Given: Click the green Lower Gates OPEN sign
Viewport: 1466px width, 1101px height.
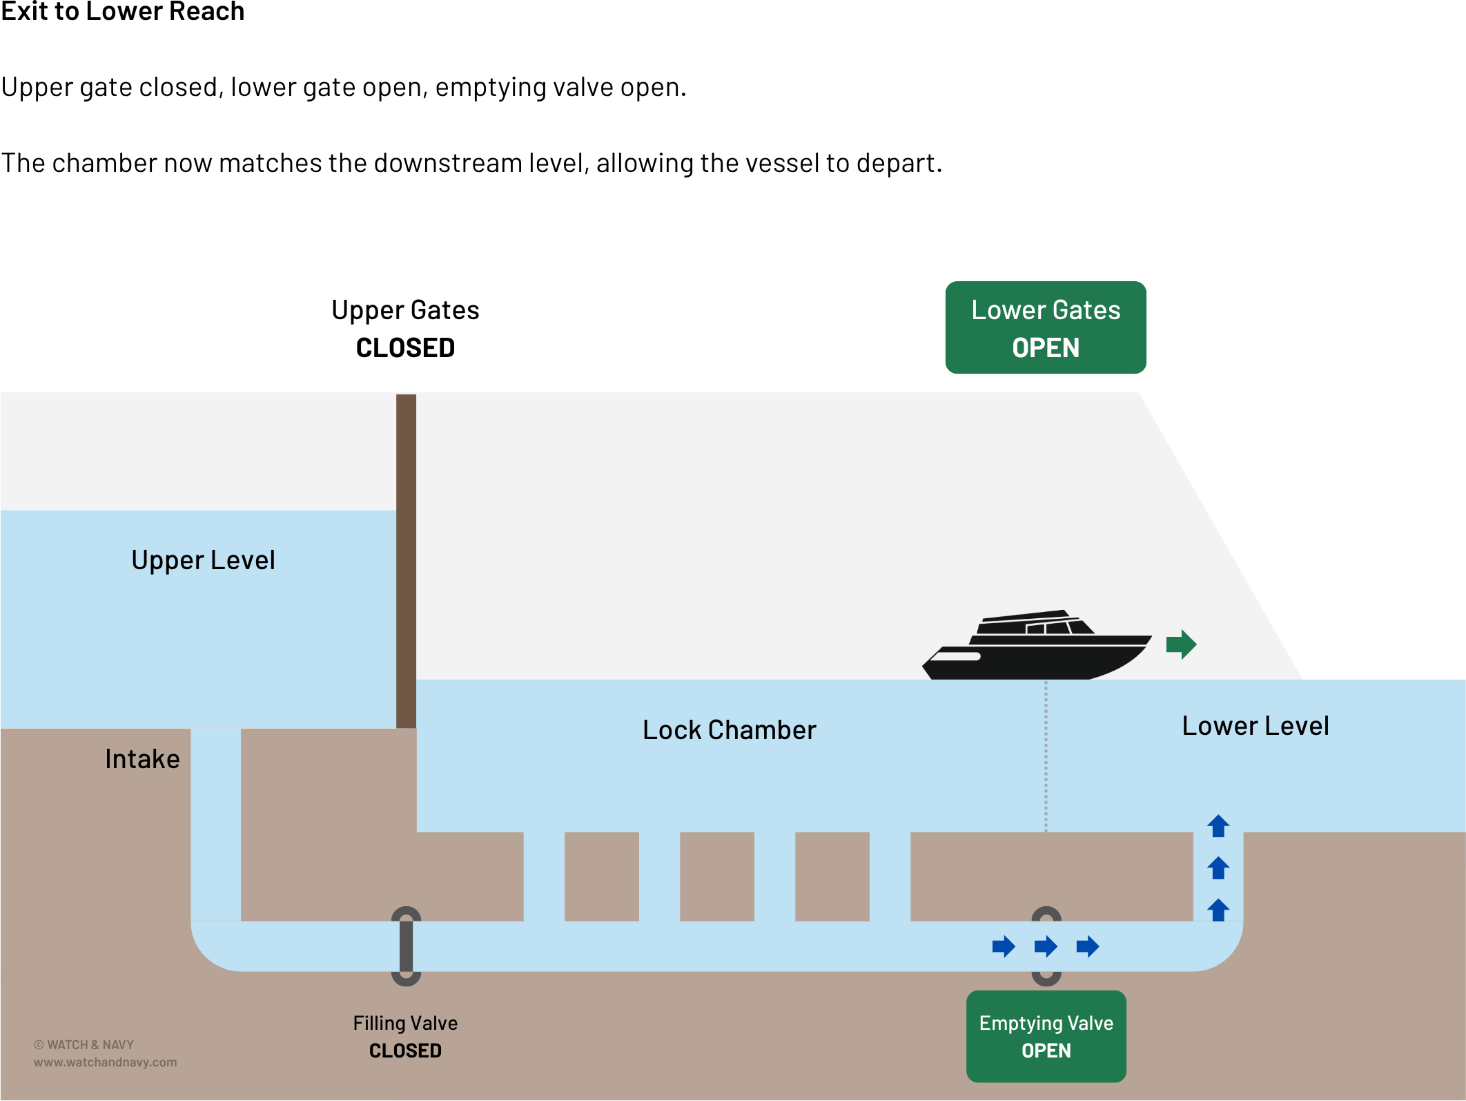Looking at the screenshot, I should tap(1045, 327).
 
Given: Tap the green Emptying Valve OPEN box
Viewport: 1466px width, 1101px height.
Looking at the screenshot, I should tap(1046, 1036).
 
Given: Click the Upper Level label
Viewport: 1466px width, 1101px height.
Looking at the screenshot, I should tap(203, 560).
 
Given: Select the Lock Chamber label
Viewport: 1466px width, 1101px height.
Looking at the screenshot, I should tap(729, 730).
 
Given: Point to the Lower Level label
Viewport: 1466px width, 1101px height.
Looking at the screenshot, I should tap(1255, 726).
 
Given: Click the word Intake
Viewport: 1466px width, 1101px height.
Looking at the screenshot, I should tap(142, 759).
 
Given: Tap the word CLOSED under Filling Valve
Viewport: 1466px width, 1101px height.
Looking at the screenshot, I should tap(405, 1051).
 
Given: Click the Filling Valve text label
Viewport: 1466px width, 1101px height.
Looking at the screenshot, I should tap(405, 1023).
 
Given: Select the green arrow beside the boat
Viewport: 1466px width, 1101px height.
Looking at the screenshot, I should tap(1181, 644).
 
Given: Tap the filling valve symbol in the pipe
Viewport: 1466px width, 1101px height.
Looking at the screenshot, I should tap(406, 946).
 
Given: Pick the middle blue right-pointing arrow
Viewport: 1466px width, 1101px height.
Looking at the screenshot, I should tap(1046, 946).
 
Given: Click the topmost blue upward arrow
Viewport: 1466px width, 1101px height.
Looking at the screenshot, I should tap(1218, 826).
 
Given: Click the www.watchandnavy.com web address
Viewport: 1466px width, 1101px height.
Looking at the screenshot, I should tap(105, 1062).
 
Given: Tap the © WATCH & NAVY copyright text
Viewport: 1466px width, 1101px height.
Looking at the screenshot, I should tap(84, 1045).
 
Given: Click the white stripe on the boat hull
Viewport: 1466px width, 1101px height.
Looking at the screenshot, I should tap(956, 656).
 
